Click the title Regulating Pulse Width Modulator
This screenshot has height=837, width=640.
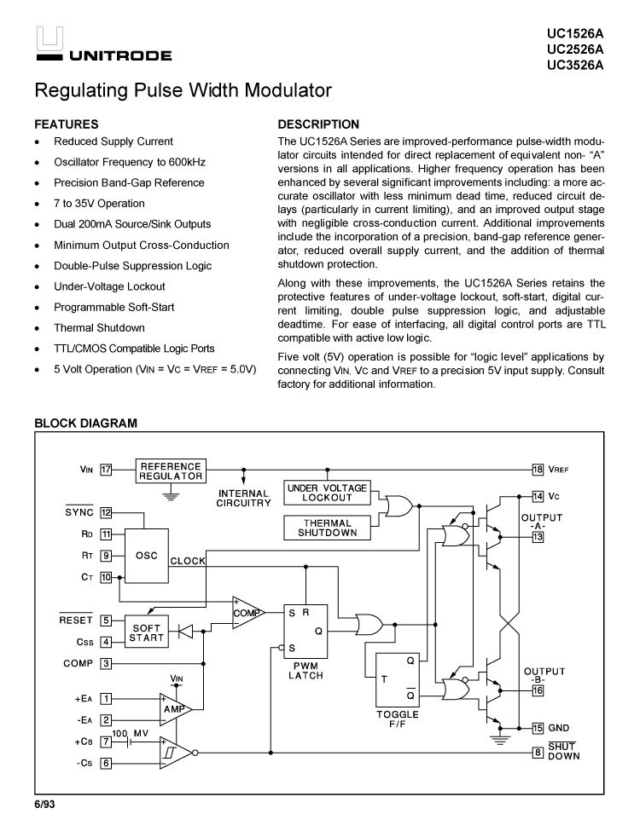[182, 90]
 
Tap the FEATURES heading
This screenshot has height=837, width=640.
[66, 124]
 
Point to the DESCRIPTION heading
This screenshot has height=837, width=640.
[318, 124]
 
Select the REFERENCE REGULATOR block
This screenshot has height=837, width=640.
[171, 471]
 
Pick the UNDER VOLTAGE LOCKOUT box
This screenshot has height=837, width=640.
[327, 493]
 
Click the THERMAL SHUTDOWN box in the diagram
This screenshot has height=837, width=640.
[327, 528]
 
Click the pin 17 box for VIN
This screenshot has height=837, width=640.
[106, 469]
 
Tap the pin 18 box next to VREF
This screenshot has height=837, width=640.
[538, 469]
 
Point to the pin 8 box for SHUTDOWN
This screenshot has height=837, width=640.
[538, 752]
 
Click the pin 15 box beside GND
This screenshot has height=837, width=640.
[538, 728]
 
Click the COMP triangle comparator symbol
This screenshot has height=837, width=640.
[246, 613]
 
